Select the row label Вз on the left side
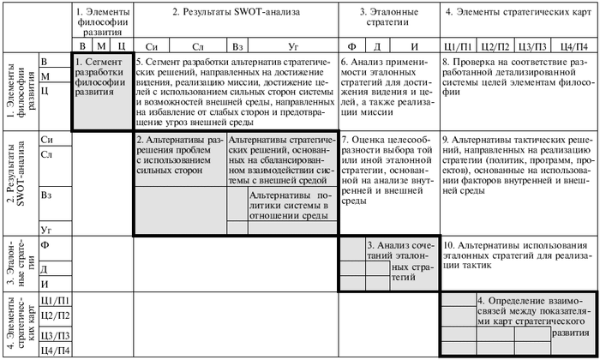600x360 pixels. coord(47,195)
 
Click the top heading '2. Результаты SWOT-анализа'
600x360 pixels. coord(233,14)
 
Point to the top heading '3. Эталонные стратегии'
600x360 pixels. coord(389,21)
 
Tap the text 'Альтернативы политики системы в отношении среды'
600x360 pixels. coord(286,207)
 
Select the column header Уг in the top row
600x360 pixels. coord(295,45)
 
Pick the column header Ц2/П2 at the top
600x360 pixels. coord(495,45)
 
